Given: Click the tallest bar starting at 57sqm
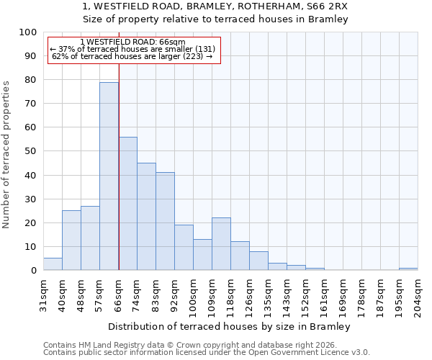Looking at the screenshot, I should [109, 176].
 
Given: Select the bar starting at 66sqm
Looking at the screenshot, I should [127, 204].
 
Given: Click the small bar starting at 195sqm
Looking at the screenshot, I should [408, 269].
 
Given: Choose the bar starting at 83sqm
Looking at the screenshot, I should [165, 222].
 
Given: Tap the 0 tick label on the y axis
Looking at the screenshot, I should [34, 271].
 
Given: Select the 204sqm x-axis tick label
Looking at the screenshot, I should [418, 294].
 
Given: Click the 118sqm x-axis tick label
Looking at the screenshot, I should [231, 294].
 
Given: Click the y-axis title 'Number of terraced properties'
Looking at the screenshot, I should [6, 155].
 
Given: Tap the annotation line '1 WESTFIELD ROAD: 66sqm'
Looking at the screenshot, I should [133, 42].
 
